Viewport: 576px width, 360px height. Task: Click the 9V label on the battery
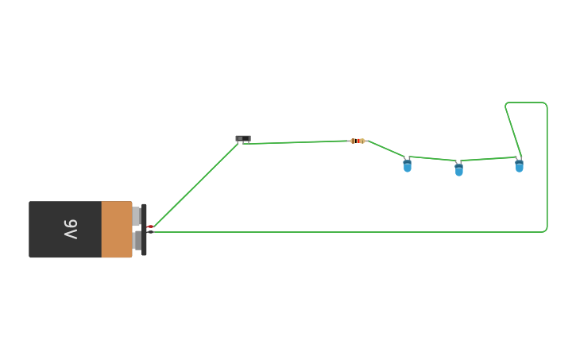tap(71, 230)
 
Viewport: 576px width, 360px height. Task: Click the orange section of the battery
tap(117, 230)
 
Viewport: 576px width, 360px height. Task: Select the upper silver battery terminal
tap(137, 216)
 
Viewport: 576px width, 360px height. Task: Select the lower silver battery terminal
tap(137, 241)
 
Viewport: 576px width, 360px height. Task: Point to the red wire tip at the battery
tap(150, 227)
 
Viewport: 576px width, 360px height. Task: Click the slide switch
tap(243, 138)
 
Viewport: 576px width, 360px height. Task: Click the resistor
tap(357, 141)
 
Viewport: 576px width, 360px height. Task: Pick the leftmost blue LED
tap(408, 166)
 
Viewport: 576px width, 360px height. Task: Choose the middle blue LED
tap(458, 169)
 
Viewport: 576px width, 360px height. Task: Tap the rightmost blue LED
tap(519, 166)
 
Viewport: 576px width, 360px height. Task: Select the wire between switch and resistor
tap(298, 142)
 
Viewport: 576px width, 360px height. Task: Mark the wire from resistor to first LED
tap(386, 149)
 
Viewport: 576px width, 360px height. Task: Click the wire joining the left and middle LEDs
tap(433, 158)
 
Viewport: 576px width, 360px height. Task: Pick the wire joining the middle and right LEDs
tap(489, 159)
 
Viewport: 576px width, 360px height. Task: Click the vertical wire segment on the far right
tap(547, 167)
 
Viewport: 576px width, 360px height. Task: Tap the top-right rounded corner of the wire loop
tap(544, 104)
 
